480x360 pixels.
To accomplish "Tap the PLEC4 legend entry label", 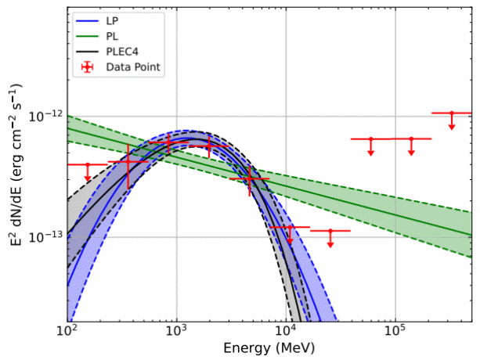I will click(x=121, y=51).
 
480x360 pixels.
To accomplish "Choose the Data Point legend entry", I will click(x=134, y=67).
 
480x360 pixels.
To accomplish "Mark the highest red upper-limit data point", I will click(x=452, y=113).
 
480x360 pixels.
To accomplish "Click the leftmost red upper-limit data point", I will click(x=88, y=164).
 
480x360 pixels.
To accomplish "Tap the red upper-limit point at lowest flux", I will click(x=330, y=231).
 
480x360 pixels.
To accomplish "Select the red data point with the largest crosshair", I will click(x=128, y=162).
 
